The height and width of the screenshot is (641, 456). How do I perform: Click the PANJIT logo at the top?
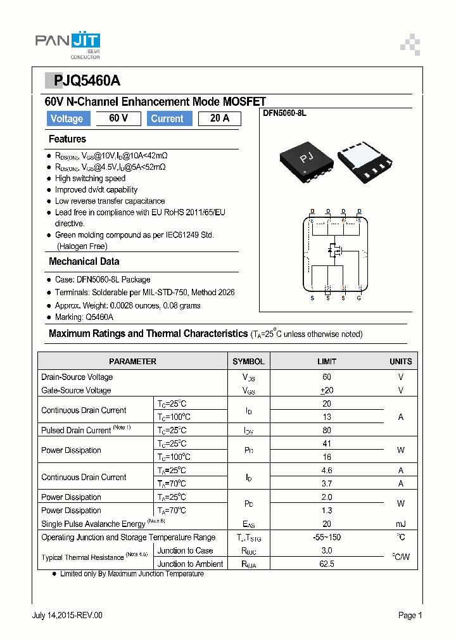coord(67,43)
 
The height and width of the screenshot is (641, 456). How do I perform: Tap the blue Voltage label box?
coord(66,118)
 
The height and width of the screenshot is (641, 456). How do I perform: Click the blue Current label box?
coord(167,118)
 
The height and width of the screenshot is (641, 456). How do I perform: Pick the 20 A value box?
coord(219,118)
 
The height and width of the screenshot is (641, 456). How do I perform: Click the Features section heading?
coord(67,139)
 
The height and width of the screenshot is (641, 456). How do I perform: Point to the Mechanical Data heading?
coord(84,262)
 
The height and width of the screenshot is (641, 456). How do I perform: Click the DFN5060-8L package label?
coord(284,113)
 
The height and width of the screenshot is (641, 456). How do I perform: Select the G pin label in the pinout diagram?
coord(359,298)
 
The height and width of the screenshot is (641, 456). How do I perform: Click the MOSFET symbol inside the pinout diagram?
coord(334,251)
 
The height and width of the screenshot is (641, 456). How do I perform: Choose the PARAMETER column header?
coord(132,362)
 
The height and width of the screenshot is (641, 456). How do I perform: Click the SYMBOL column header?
coord(248,362)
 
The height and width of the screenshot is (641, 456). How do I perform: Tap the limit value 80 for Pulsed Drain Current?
coord(327,431)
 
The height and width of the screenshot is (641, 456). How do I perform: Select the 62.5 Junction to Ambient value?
coord(327,564)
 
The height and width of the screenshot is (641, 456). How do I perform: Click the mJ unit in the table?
coord(400,524)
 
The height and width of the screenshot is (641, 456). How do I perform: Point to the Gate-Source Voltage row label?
coord(76,391)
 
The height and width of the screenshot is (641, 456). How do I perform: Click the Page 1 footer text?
coord(410,615)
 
